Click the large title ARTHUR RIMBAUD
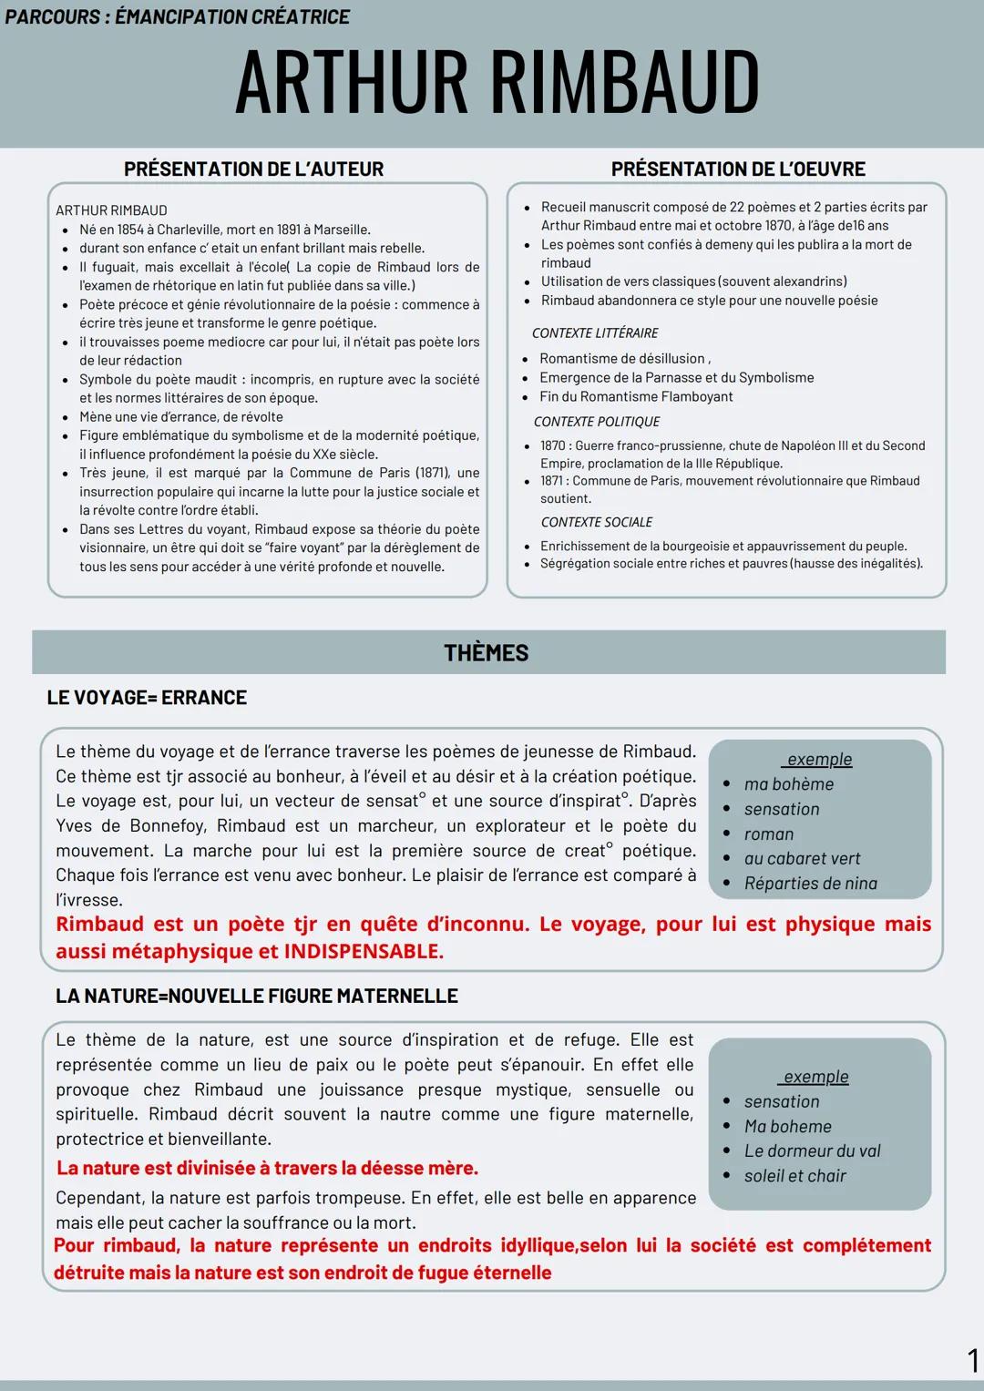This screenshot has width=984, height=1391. coord(497,82)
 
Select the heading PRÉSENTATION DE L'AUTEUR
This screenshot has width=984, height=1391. coord(253,169)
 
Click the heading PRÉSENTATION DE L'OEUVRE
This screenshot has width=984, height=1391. coord(738,169)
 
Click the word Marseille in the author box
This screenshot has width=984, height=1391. coord(341,230)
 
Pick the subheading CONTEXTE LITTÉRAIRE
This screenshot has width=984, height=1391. coord(595,333)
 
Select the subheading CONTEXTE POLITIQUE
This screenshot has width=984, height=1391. coord(597,422)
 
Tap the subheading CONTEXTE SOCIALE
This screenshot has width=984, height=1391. coord(597,522)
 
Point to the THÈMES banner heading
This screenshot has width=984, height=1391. coord(487,653)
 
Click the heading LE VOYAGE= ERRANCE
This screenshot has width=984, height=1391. coord(147,698)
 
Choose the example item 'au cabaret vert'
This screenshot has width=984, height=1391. coord(802,859)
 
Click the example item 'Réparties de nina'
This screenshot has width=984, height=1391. coord(810,884)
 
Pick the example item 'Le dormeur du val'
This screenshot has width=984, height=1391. coord(812,1151)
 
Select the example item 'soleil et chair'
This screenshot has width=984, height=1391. coord(794,1176)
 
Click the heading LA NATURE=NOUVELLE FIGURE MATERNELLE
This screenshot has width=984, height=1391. coord(257,997)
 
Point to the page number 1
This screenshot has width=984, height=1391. coord(972,1361)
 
